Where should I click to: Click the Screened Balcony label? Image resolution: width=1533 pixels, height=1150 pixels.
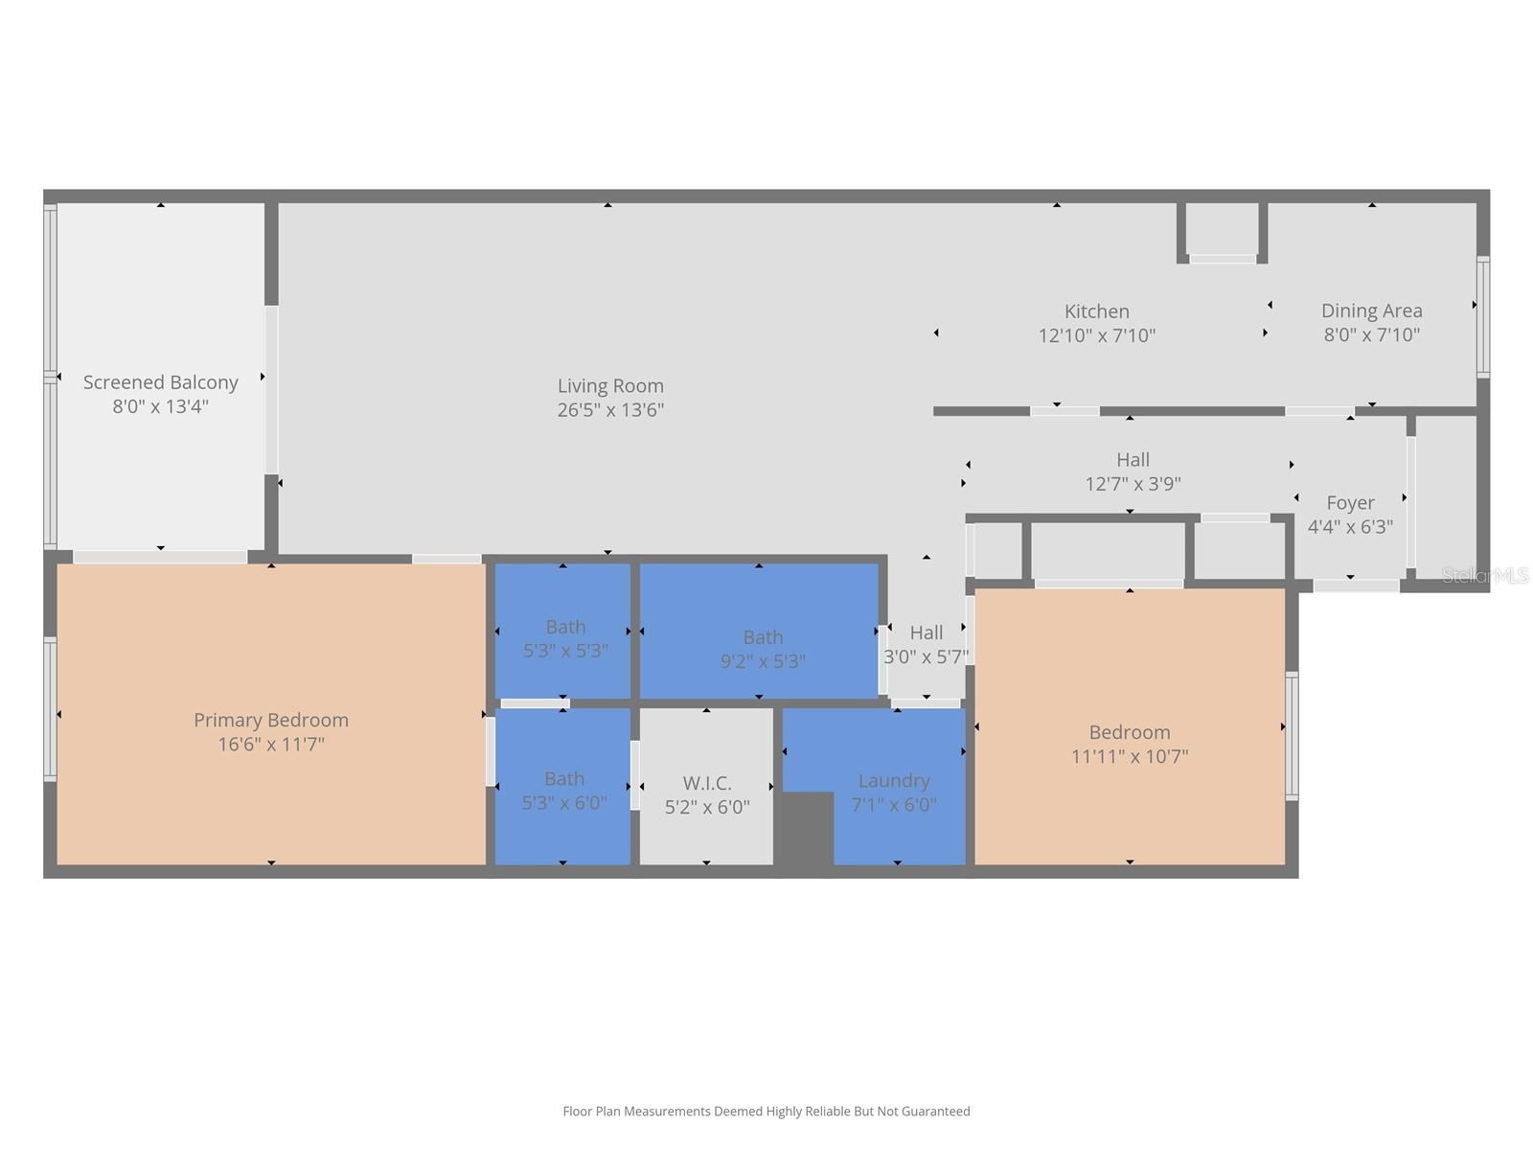161,382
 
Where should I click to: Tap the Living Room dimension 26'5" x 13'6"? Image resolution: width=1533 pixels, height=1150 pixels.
610,410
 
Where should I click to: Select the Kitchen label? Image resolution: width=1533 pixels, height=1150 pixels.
1096,311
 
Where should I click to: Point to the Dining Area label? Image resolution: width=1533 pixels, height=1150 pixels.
1372,310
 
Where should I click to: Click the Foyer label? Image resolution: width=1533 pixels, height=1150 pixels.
1350,503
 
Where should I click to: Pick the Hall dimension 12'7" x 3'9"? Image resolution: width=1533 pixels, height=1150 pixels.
1133,484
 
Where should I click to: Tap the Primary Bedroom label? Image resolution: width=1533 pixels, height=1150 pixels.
271,720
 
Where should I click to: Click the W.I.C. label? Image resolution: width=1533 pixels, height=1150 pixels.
707,783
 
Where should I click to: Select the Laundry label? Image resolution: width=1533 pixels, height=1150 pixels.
894,781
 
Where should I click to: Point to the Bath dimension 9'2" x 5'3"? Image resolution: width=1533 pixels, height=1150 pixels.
763,661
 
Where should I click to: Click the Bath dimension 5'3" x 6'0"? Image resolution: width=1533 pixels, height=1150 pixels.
564,803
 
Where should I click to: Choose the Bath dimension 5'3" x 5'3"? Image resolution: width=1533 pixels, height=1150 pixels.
565,651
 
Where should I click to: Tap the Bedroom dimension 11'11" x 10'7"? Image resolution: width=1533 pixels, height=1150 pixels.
1130,756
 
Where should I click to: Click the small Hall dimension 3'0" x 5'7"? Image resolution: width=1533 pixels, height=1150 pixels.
927,657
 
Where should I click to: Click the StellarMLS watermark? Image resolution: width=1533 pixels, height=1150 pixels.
1485,575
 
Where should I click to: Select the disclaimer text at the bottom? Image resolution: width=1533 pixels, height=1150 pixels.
766,1112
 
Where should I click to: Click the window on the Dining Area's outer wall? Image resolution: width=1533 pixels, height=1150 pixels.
1483,317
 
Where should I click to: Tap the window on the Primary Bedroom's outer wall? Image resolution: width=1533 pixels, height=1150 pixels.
50,709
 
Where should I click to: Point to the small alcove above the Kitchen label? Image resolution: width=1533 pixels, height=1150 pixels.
1223,230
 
